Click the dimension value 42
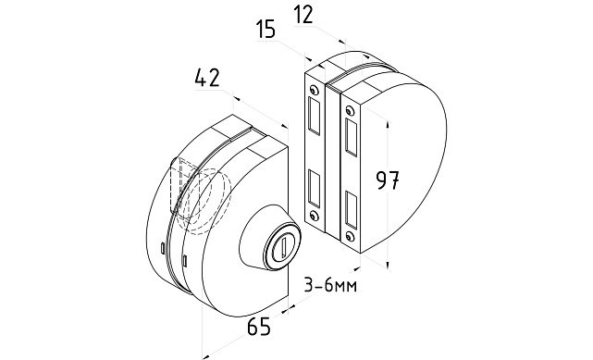click(x=207, y=78)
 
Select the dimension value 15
click(x=266, y=29)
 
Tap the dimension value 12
click(x=303, y=15)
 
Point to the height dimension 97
click(x=388, y=180)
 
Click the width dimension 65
click(x=259, y=327)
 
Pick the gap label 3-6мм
click(x=330, y=286)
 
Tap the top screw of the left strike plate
click(x=313, y=90)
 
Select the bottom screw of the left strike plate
click(x=313, y=216)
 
